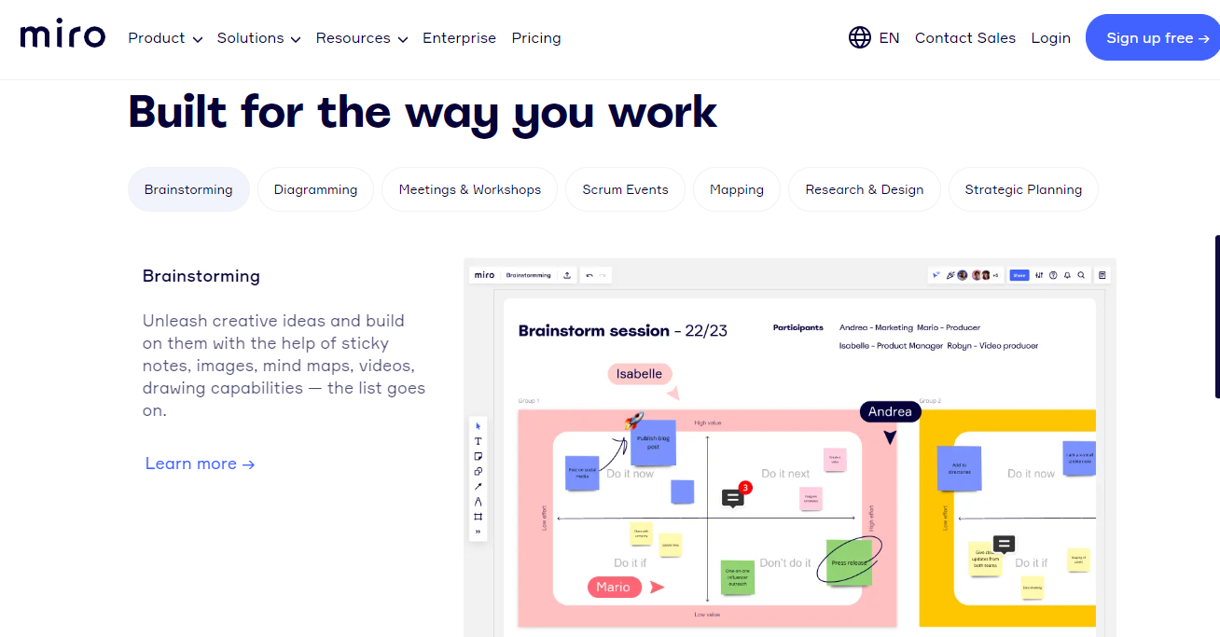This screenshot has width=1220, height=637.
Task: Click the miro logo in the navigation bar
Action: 62,36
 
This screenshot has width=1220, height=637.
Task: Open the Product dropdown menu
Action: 165,38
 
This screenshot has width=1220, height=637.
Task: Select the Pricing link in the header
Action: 536,38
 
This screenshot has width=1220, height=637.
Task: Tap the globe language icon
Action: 859,37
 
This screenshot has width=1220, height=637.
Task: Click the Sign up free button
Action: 1157,38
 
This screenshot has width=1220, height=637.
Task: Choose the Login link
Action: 1050,38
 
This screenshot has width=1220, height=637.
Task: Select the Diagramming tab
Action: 315,189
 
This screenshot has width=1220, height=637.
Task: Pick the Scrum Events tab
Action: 625,189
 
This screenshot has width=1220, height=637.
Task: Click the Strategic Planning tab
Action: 1023,189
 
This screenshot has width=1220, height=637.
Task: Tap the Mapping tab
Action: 736,189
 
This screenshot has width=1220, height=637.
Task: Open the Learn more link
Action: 200,464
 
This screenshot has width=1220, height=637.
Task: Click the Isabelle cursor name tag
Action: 639,374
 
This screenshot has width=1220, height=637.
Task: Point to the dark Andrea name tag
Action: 890,411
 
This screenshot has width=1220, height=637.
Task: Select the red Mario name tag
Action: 613,587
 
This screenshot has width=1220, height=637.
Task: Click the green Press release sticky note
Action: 849,562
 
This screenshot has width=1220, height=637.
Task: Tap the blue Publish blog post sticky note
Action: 653,443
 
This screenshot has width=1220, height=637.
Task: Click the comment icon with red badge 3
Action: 733,498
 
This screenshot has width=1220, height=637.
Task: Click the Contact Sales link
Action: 964,38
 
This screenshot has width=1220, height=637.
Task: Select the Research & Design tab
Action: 864,189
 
